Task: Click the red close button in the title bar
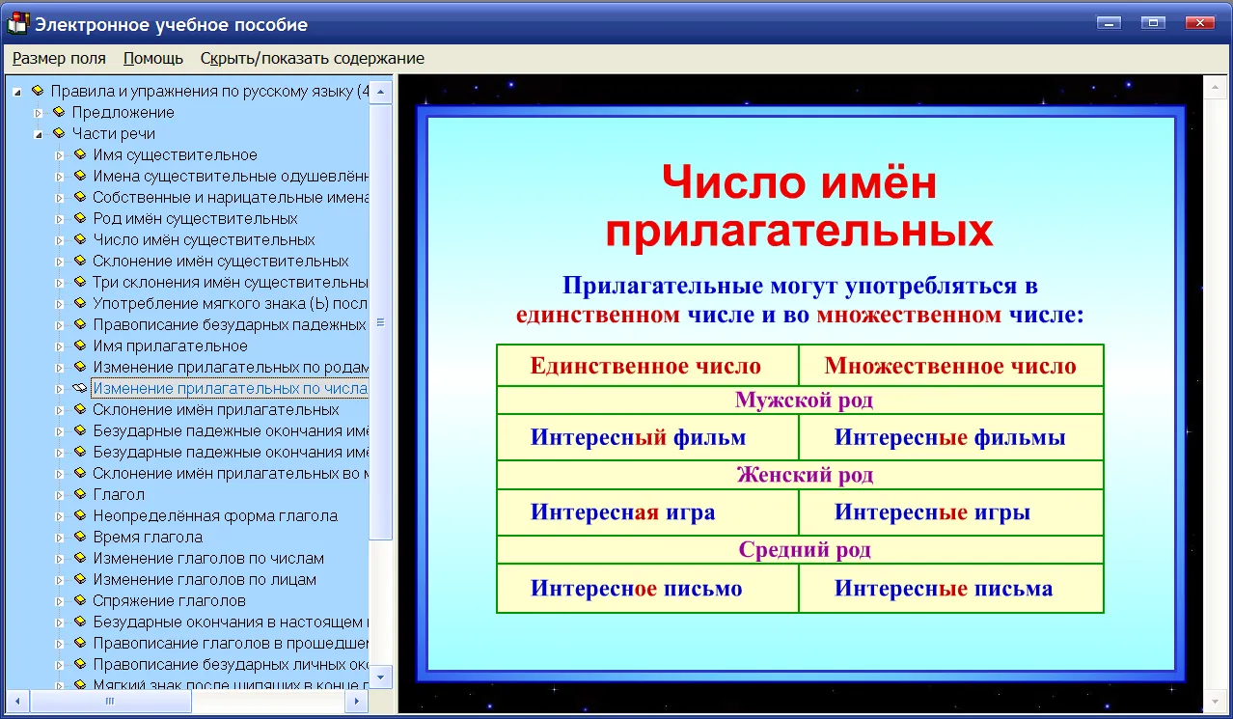pos(1199,22)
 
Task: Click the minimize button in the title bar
pos(1109,22)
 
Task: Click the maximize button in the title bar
pos(1153,22)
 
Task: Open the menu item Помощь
pos(153,58)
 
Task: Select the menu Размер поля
pos(59,58)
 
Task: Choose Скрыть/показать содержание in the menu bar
pos(312,58)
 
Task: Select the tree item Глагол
pos(119,494)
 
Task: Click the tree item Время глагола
pos(148,537)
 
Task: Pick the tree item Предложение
pos(123,112)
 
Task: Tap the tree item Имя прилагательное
pos(170,346)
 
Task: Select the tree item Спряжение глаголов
pos(169,600)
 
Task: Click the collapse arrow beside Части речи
pos(38,134)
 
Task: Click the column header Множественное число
pos(950,366)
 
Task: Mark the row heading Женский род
pos(805,475)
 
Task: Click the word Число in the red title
pos(734,181)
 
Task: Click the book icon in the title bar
pos(17,24)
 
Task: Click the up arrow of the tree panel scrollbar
pos(380,92)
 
